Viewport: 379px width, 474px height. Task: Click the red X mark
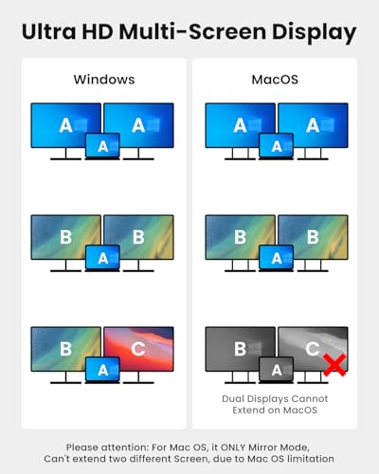click(x=334, y=365)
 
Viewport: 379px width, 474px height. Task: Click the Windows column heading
click(x=104, y=80)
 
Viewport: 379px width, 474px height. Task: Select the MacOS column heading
click(x=275, y=80)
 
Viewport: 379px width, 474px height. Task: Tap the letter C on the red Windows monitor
click(x=138, y=349)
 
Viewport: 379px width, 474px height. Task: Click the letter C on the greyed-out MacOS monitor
click(x=313, y=349)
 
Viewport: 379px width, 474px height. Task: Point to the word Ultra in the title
click(x=49, y=32)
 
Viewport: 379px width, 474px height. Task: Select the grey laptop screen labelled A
click(x=276, y=369)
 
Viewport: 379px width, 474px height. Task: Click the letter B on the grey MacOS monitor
click(x=240, y=349)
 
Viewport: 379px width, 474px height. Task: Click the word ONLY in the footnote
click(x=233, y=447)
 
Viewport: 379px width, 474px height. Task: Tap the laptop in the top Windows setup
click(x=102, y=146)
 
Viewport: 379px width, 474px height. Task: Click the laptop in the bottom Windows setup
click(x=102, y=370)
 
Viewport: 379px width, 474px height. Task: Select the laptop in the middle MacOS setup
click(x=276, y=258)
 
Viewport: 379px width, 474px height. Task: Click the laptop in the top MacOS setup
click(x=276, y=146)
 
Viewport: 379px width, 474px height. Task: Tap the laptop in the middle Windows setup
click(x=102, y=258)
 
